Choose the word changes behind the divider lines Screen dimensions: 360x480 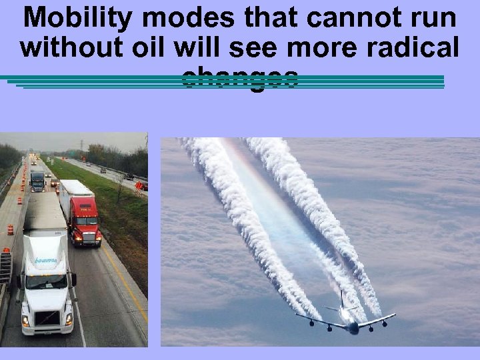coord(239,77)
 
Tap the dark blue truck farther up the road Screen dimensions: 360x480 coord(38,181)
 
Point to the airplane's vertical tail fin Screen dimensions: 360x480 coord(341,300)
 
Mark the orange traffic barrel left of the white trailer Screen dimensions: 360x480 coord(11,229)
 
